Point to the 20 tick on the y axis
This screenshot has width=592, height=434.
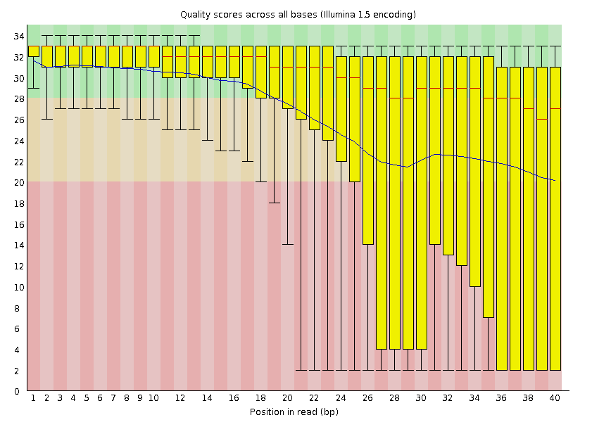tap(18, 183)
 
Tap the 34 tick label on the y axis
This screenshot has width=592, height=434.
tap(18, 36)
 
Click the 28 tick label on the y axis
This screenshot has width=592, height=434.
tap(18, 99)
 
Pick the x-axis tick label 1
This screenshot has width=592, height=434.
tap(33, 398)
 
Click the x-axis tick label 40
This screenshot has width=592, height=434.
tap(555, 398)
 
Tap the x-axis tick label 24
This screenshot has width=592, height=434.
tap(341, 398)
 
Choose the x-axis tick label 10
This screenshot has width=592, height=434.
tap(153, 398)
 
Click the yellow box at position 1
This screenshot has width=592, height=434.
tap(33, 51)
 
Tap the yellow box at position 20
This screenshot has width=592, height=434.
tap(287, 77)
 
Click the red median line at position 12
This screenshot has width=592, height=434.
tap(180, 56)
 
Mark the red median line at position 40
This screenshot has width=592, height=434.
tap(555, 109)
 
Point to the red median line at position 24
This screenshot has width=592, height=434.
tap(341, 77)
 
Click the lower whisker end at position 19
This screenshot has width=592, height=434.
tap(274, 203)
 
